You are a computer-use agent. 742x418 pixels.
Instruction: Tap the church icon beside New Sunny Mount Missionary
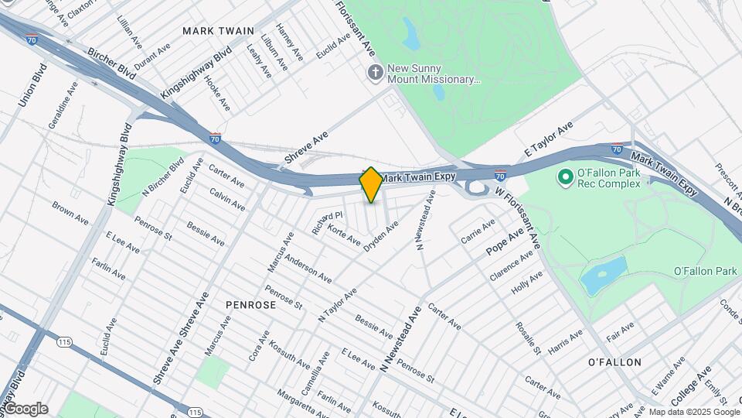tap(375, 73)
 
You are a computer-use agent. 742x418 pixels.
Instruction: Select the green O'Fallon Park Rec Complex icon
tap(565, 178)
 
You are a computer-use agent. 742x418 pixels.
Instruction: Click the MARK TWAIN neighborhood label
tap(219, 31)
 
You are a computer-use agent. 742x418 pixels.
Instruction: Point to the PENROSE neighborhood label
tap(250, 305)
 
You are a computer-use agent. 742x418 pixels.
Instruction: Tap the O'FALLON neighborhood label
tap(614, 361)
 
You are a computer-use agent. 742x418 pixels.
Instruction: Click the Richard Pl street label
tap(326, 223)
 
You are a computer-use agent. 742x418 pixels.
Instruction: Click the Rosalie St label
tap(528, 338)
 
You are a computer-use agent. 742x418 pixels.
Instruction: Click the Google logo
tap(26, 409)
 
